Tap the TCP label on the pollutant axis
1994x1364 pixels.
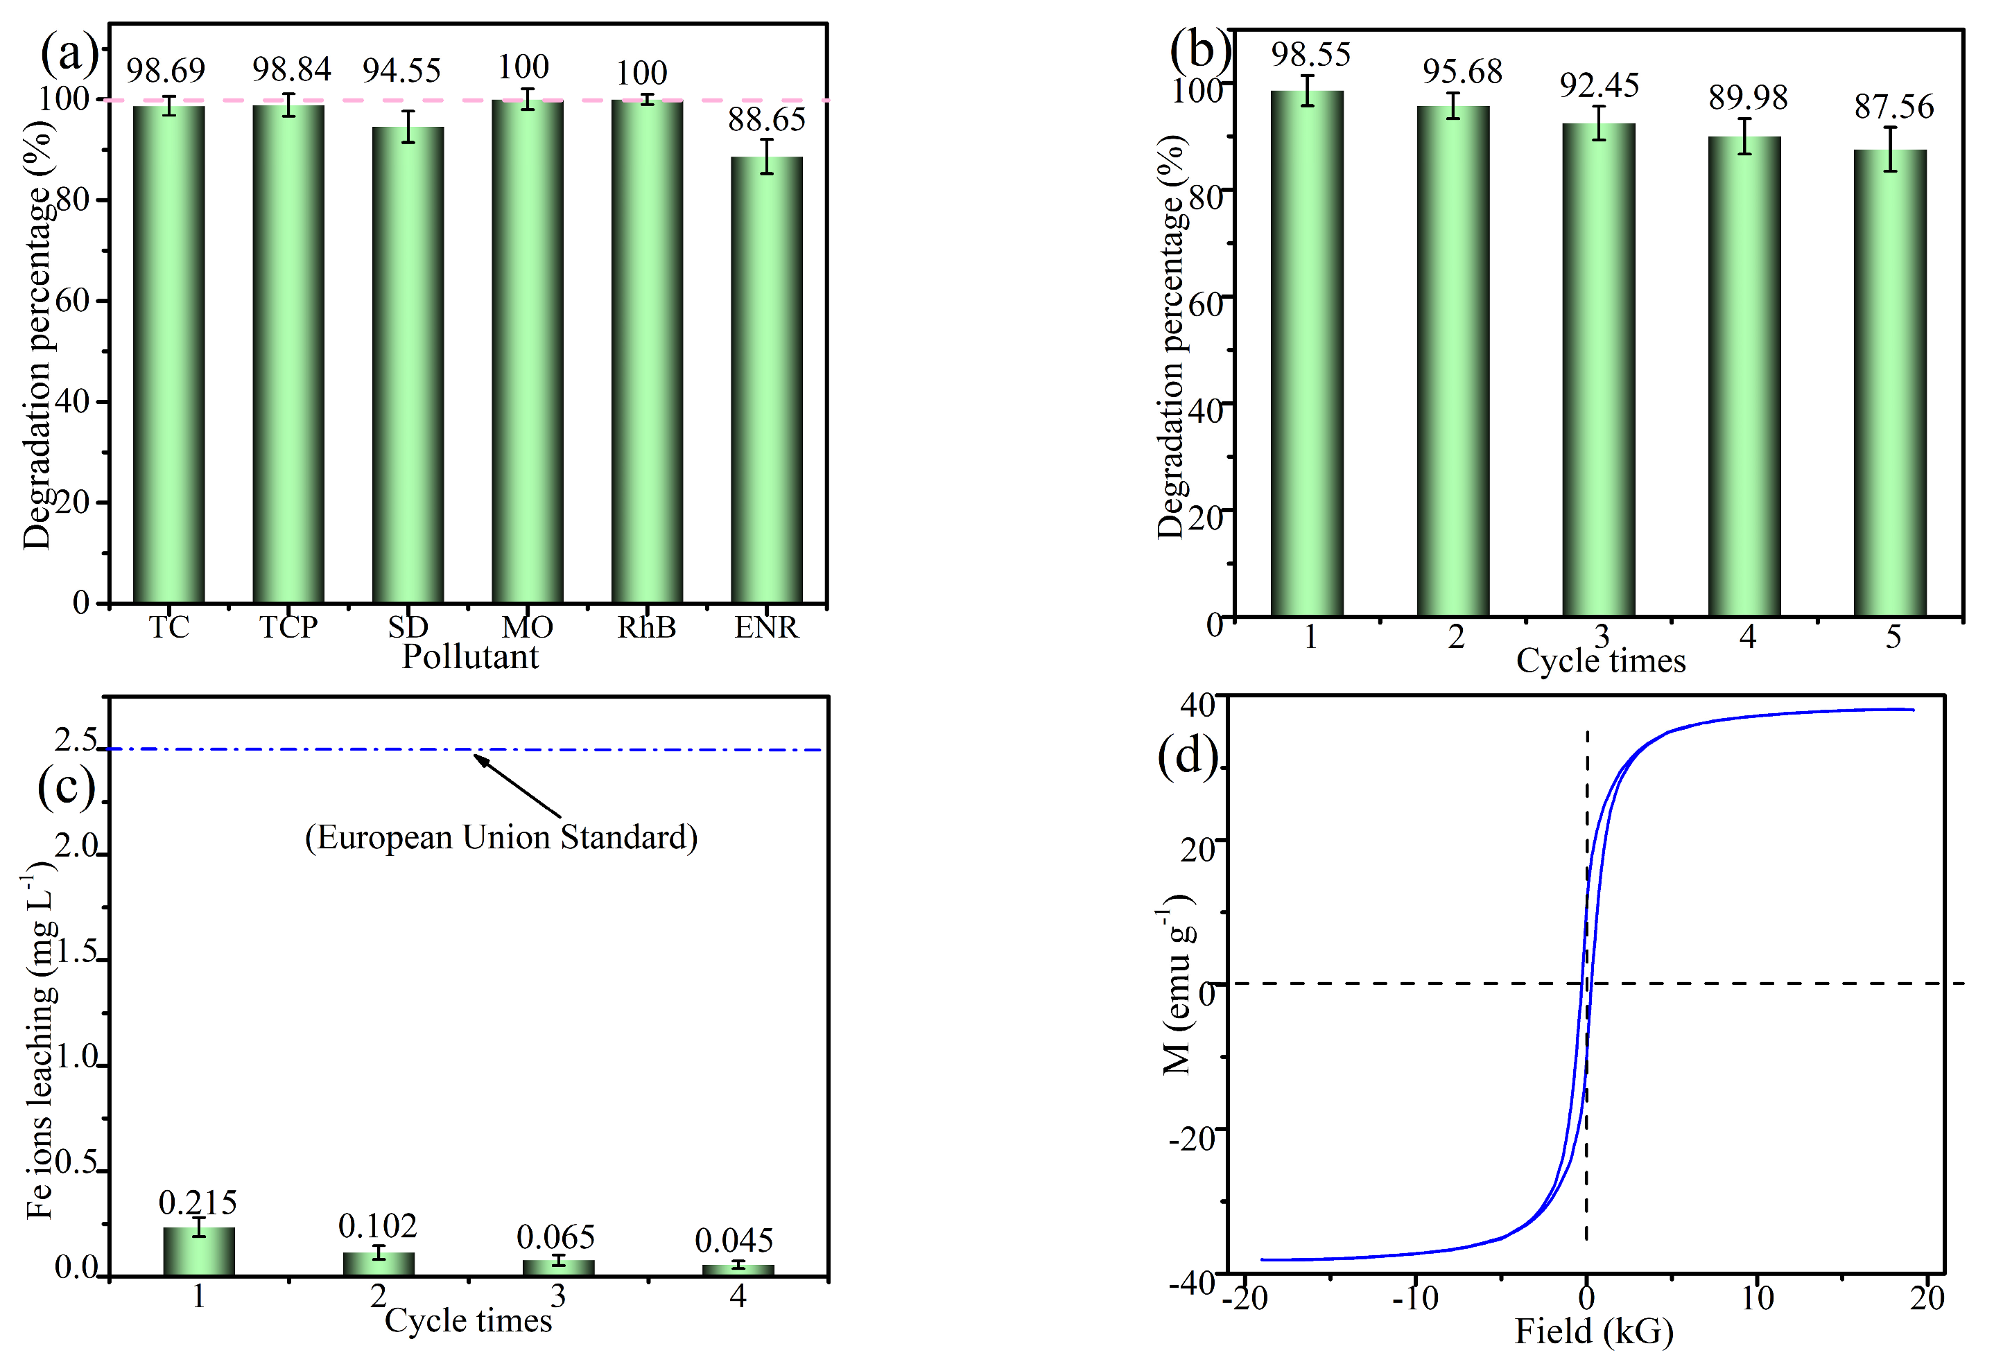point(288,627)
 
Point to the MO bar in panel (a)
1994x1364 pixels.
point(527,351)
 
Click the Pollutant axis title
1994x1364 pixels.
point(470,657)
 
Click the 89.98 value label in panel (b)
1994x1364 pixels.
point(1748,98)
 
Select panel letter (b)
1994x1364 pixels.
point(1199,49)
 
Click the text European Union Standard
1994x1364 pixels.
point(501,838)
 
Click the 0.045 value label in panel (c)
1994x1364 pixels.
point(734,1241)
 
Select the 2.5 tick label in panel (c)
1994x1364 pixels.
point(76,740)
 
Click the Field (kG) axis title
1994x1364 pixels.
point(1593,1332)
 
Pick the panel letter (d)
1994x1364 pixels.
point(1188,757)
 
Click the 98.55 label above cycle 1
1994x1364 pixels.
point(1310,55)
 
